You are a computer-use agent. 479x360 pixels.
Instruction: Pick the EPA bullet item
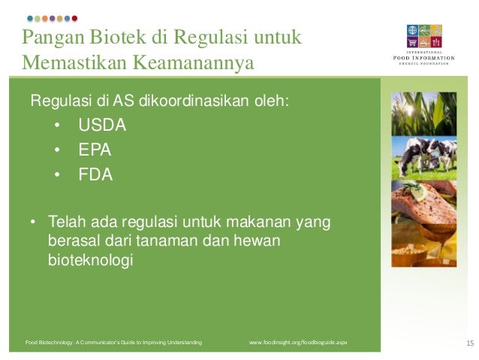pos(95,150)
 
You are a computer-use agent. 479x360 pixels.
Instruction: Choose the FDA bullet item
pos(95,175)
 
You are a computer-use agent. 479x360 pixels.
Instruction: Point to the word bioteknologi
pos(90,261)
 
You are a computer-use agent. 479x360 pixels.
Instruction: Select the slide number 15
pos(470,343)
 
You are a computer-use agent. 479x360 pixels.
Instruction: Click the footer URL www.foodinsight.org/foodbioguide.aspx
pos(298,343)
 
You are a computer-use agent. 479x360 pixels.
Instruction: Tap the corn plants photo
pos(423,113)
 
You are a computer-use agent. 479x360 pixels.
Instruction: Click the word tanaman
pos(161,242)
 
